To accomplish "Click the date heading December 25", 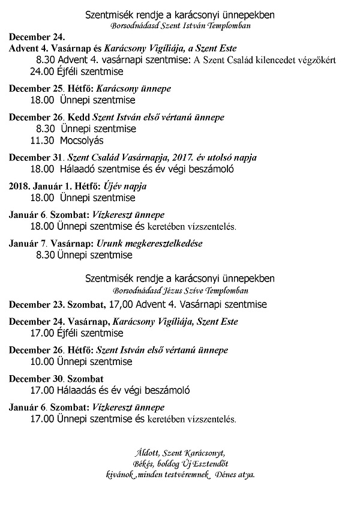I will pos(35,88).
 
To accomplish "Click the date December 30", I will pos(35,379).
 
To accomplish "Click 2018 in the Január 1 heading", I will pos(20,186).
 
